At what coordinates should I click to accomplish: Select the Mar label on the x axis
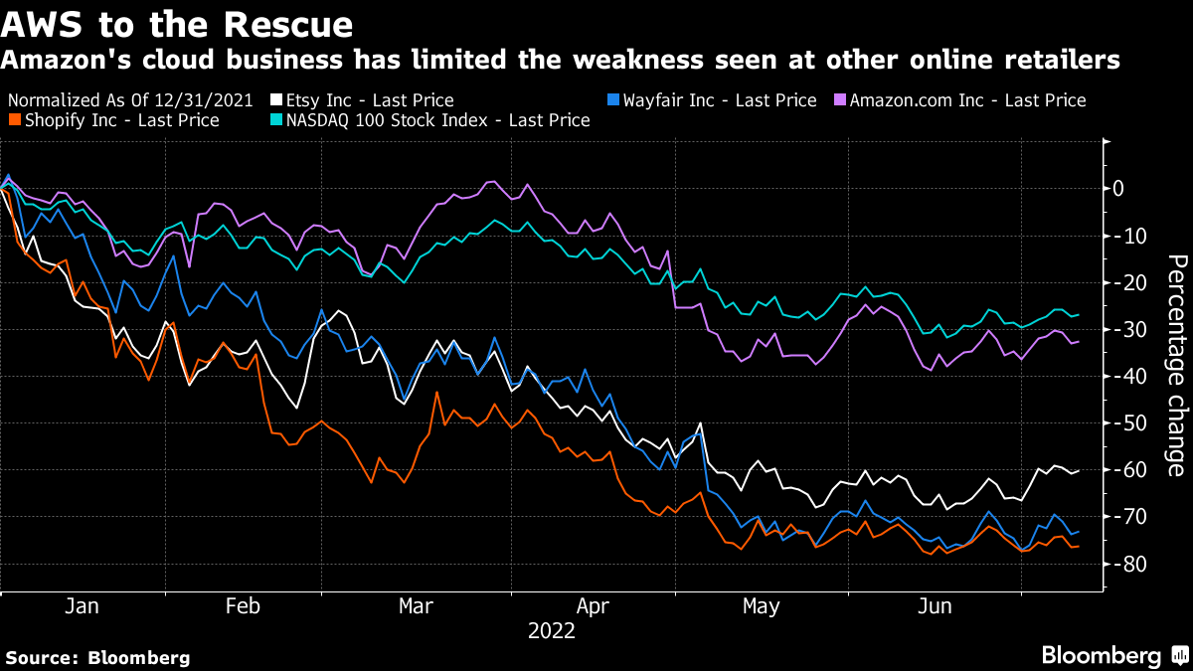(418, 606)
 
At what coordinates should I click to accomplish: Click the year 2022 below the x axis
(552, 630)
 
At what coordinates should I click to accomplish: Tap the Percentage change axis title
(1175, 365)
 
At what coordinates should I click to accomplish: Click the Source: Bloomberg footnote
(97, 657)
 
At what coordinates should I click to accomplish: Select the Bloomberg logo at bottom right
(1113, 655)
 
